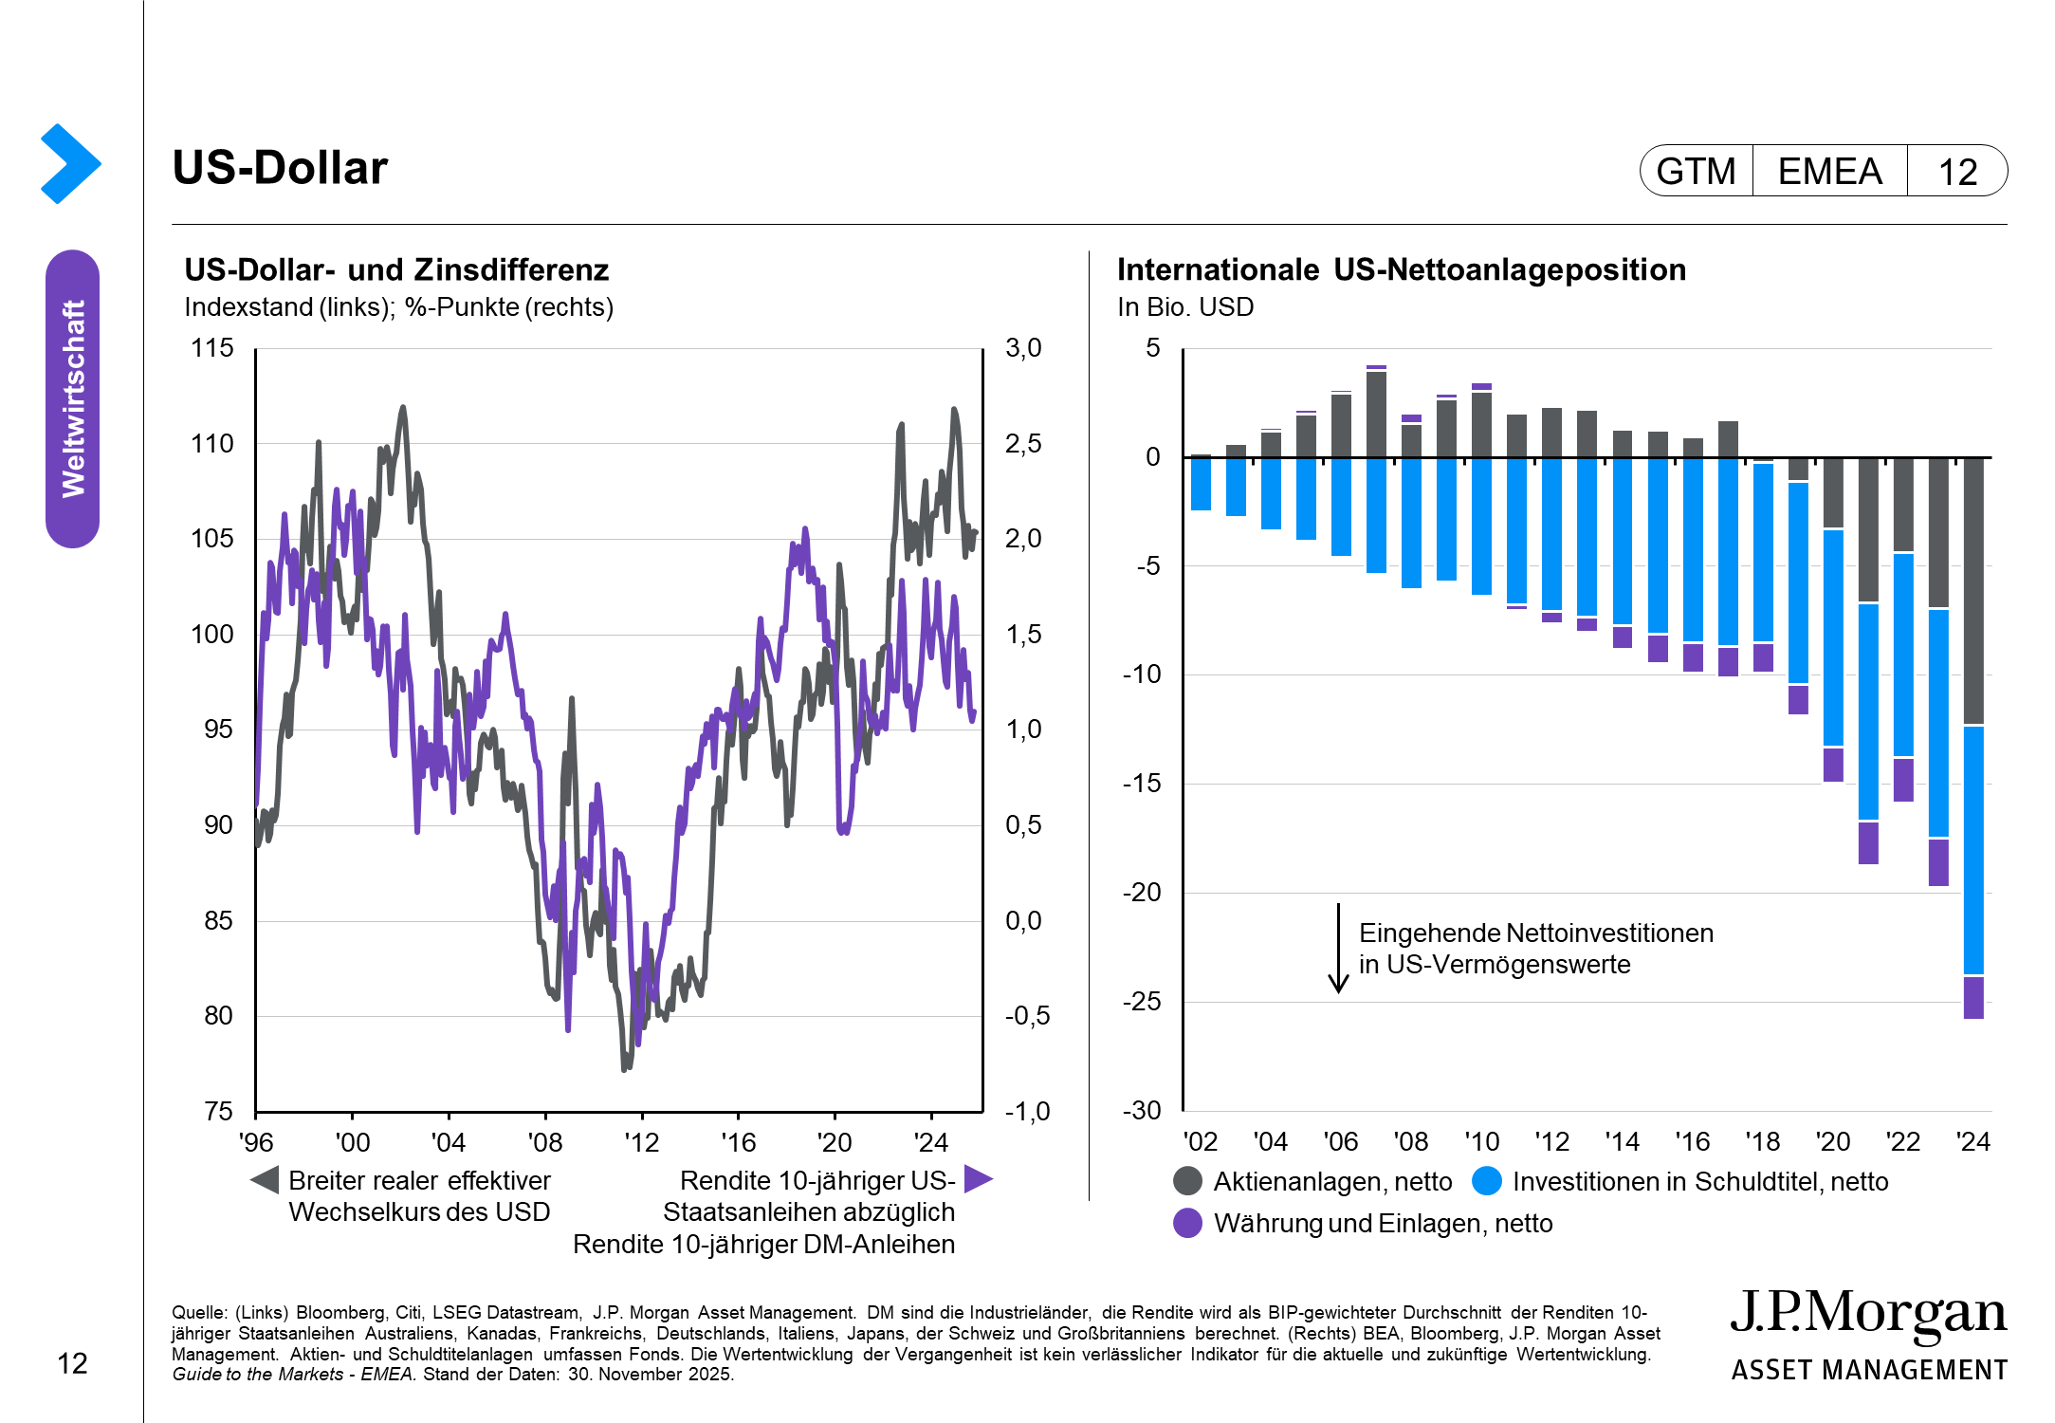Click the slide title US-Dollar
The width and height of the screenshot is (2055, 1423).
[x=280, y=168]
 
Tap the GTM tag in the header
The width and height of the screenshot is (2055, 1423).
[x=1696, y=172]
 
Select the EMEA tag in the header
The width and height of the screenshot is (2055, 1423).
[x=1829, y=172]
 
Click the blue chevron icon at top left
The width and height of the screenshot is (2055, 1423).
[x=70, y=163]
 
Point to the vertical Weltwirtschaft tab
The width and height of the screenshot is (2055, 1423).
[x=73, y=398]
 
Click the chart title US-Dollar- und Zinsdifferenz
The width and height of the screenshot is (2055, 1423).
[x=396, y=270]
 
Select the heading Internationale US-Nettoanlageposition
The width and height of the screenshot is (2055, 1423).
[x=1401, y=270]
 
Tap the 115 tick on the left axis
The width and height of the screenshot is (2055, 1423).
[x=212, y=348]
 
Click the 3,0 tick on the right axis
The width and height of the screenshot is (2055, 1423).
[x=1023, y=348]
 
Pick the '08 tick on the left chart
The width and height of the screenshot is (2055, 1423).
[x=545, y=1142]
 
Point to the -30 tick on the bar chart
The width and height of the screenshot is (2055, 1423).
[x=1142, y=1111]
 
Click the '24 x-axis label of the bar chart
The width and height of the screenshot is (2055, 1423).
[x=1972, y=1141]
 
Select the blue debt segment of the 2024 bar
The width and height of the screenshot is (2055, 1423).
[x=1973, y=849]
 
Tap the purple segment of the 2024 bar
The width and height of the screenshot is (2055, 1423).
[x=1973, y=997]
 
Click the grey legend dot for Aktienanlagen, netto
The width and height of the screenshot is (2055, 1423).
[x=1187, y=1181]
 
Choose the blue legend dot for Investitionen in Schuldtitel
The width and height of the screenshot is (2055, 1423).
[x=1487, y=1181]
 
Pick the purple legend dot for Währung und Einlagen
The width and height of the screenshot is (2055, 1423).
[x=1187, y=1223]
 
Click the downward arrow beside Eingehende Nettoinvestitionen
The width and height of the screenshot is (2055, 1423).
[x=1338, y=949]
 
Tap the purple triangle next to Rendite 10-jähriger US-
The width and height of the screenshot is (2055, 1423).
[x=978, y=1179]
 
